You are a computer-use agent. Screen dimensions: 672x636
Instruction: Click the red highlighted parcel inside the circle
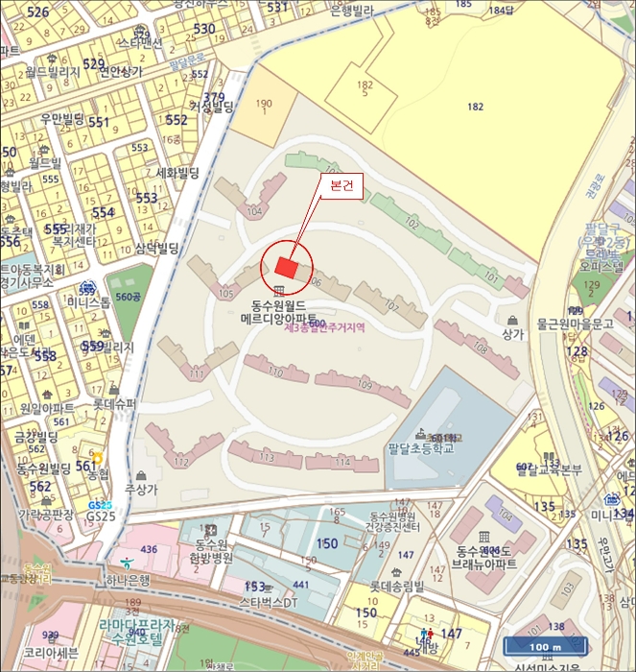(286, 268)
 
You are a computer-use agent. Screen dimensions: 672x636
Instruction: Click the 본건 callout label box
(342, 187)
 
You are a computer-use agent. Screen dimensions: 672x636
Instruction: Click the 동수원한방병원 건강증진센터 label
(393, 522)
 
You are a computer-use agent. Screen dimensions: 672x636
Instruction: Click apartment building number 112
(180, 460)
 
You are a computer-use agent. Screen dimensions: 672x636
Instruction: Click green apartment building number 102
(412, 223)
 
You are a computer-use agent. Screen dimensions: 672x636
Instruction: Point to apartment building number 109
(365, 384)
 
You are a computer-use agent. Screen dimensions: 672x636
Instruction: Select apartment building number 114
(342, 463)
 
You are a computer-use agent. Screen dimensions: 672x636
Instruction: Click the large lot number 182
(475, 107)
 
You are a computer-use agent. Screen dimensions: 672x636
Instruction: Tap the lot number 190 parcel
(264, 105)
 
